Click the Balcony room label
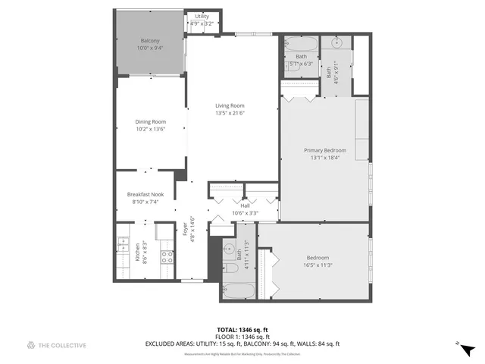(150, 40)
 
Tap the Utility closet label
(202, 16)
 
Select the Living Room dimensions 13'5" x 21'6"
(230, 113)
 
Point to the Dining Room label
(150, 121)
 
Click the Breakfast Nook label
(145, 194)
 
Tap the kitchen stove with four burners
(167, 256)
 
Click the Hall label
(245, 206)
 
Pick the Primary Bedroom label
(325, 150)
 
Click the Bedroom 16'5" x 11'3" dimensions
(319, 265)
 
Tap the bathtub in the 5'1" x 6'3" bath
(302, 43)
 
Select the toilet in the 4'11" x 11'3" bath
(230, 266)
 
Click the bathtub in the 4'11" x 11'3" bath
(239, 290)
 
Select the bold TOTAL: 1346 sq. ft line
(242, 329)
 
